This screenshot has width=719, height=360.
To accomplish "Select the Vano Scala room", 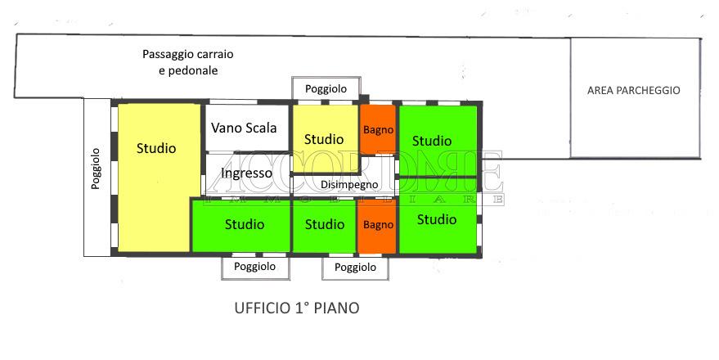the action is point(247,128).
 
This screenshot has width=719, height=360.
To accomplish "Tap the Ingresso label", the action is point(246,173).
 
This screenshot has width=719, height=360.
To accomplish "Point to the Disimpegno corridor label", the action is point(349,185).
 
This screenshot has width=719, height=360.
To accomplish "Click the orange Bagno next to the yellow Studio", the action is point(378,130).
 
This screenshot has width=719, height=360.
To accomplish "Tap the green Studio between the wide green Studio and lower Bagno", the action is point(324,226).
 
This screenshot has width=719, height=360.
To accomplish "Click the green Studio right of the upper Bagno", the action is point(438,141).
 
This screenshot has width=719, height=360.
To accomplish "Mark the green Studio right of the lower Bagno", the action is point(438,217).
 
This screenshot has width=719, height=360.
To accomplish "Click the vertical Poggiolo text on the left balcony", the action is point(96,169).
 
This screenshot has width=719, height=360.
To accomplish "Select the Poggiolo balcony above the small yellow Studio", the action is point(326,88).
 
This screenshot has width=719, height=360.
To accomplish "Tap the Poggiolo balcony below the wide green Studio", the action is point(255,268).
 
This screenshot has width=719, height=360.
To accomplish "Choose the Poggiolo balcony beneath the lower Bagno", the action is point(355,268).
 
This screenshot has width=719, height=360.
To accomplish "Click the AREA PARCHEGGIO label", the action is point(634,90).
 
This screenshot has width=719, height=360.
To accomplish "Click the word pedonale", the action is point(193,70).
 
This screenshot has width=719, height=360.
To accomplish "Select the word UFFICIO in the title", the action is point(263,308).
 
